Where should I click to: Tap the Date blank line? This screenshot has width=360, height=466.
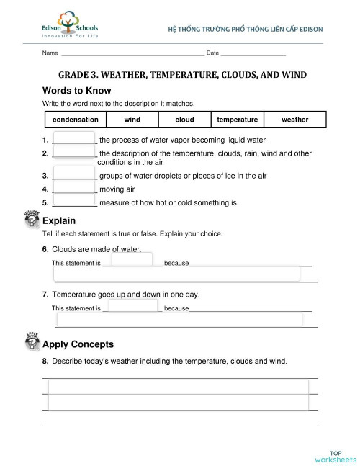[253, 53]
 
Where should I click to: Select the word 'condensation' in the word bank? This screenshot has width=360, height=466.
[76, 120]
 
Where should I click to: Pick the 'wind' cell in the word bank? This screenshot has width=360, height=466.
[132, 120]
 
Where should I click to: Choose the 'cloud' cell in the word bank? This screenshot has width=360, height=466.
[185, 120]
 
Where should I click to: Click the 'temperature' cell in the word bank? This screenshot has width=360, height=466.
[238, 120]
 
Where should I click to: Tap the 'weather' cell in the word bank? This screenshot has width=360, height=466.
[294, 120]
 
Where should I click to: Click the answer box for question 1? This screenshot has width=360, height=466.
[75, 139]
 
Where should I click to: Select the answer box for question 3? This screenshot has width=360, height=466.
[75, 175]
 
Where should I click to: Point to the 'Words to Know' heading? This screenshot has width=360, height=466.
[77, 90]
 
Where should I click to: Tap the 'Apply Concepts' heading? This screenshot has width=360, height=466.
[78, 344]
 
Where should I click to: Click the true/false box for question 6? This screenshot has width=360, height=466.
[132, 259]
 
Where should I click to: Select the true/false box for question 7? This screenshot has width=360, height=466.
[132, 305]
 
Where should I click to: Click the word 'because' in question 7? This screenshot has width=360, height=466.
[176, 308]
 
